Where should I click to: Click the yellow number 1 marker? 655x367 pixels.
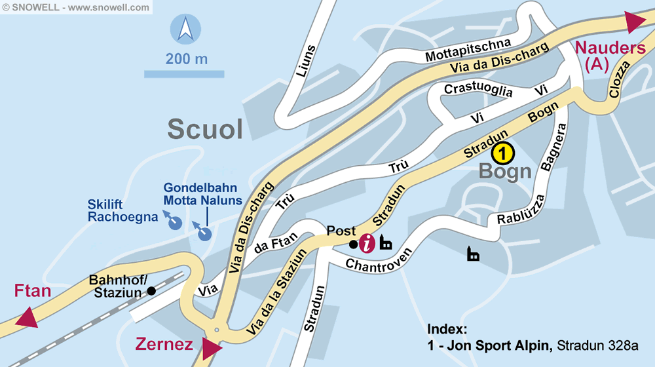click(x=503, y=153)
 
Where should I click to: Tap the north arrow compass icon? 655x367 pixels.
click(x=185, y=31)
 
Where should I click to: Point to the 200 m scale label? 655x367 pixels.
click(x=187, y=59)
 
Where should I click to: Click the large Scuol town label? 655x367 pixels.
click(x=205, y=129)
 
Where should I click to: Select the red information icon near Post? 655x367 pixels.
click(x=368, y=244)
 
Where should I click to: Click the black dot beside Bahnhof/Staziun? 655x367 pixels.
click(x=151, y=290)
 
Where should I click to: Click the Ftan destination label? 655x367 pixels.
click(x=33, y=290)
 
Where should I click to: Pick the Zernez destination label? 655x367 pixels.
click(x=164, y=344)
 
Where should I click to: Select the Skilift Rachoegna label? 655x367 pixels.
click(x=122, y=210)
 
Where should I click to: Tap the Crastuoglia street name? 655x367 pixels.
click(x=478, y=90)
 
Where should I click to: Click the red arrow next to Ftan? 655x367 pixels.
click(x=28, y=317)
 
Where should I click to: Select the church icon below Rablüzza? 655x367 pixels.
click(x=472, y=254)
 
